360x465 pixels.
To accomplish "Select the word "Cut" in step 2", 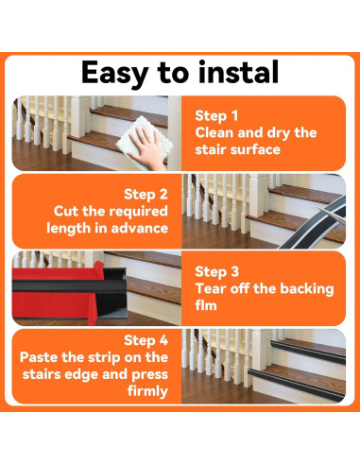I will click(65, 210).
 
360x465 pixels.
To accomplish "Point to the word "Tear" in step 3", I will click(213, 288).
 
